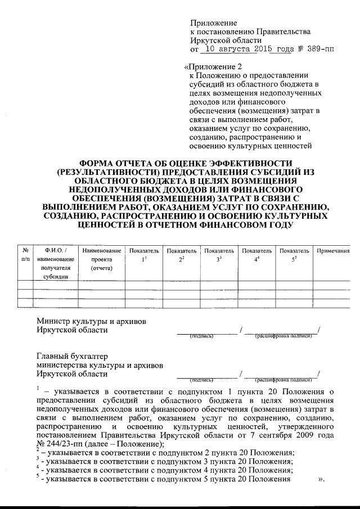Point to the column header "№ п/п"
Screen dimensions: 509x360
click(x=25, y=254)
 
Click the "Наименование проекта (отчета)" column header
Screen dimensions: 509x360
click(x=102, y=259)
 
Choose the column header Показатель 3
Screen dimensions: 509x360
click(x=219, y=254)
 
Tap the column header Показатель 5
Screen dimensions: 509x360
click(x=294, y=254)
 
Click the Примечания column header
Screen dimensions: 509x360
click(x=334, y=250)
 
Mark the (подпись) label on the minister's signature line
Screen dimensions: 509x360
click(x=201, y=336)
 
